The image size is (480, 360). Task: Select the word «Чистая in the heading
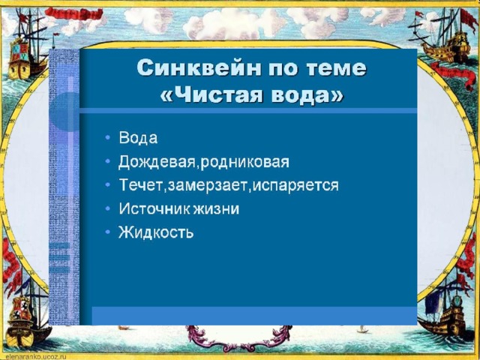coord(211,95)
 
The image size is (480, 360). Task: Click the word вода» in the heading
coord(306,95)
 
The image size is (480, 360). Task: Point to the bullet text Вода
coord(138,138)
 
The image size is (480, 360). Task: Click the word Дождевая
coord(157,162)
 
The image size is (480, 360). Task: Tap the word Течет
coord(140,185)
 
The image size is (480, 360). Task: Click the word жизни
coord(216,209)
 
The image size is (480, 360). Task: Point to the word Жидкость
coord(156,232)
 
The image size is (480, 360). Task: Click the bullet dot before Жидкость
coord(107,232)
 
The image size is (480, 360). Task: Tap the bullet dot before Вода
coord(107,137)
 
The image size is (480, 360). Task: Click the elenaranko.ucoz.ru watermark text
coord(34,357)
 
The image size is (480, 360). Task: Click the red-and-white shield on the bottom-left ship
coord(20,308)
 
